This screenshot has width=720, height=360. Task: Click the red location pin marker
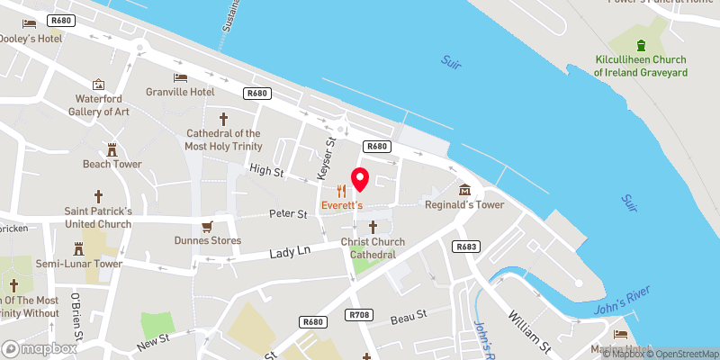point(360,179)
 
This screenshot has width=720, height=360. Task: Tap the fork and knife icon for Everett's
point(341,191)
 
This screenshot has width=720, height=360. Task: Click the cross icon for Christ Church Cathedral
point(373,226)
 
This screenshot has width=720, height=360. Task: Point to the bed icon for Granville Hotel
point(180,77)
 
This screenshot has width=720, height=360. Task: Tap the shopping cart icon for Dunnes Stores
point(208,226)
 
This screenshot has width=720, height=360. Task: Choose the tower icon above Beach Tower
point(112,149)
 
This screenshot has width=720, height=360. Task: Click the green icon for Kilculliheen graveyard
point(641,46)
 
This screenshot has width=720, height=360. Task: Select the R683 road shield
point(466,247)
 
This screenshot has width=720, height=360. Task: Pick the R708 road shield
point(358,314)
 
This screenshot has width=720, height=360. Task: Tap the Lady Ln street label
point(291,256)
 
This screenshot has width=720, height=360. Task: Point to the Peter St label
point(288,214)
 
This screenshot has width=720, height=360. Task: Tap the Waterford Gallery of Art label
point(99,105)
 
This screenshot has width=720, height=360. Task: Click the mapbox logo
point(40,348)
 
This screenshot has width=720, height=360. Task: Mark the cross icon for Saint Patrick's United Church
point(98,196)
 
